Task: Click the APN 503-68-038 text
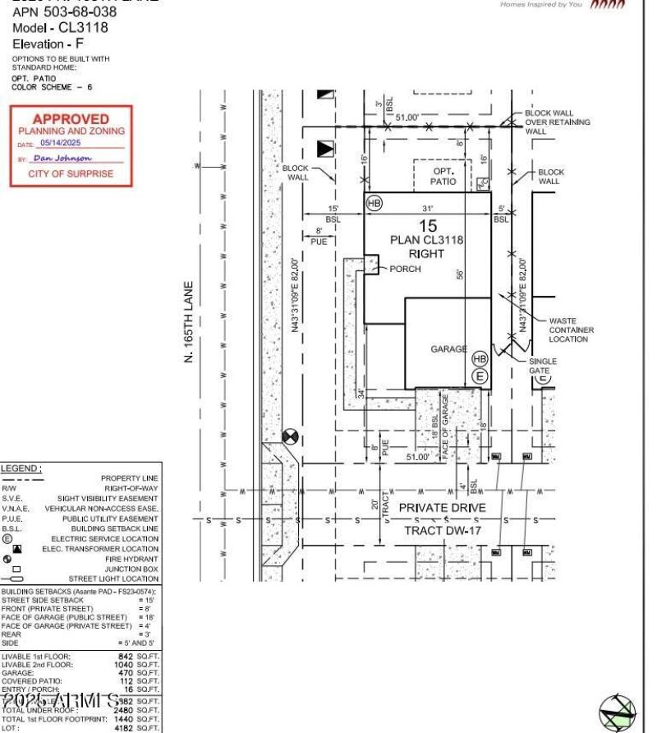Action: point(64,12)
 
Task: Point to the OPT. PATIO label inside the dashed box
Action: point(443,176)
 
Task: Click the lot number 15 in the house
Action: point(427,225)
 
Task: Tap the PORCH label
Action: point(405,269)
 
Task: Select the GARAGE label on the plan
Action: point(448,349)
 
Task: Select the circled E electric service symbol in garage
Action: point(480,376)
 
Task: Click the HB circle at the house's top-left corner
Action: point(374,203)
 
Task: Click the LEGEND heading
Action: point(22,468)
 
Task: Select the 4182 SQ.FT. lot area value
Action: point(137,727)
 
